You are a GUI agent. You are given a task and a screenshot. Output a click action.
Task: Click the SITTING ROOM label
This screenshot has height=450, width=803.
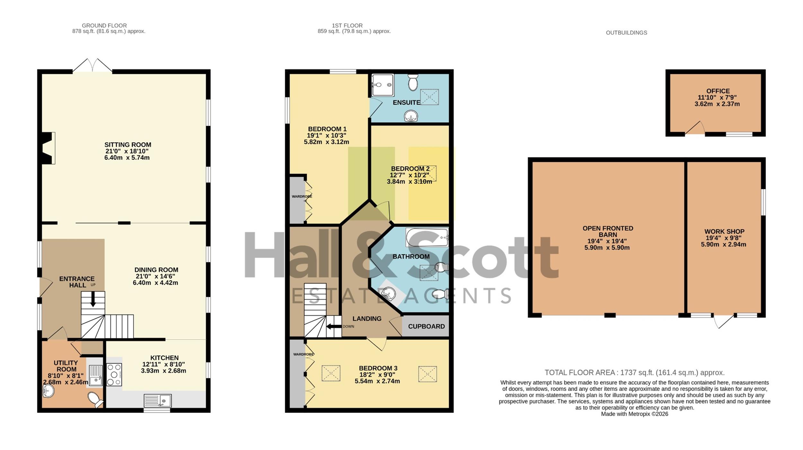coord(128,145)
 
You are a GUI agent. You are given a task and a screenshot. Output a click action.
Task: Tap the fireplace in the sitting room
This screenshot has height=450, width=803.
coord(49,148)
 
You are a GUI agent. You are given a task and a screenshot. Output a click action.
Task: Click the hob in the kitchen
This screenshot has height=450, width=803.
coord(114,374)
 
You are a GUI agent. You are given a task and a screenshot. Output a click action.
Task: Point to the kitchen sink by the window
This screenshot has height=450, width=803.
coord(157,401)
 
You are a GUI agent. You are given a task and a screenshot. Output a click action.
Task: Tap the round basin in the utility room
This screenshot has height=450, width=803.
coord(48,391)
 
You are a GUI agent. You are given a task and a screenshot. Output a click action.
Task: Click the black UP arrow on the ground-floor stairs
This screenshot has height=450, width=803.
coord(93,299)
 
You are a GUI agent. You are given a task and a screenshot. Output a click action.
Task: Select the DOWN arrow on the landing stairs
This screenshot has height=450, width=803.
coord(334,327)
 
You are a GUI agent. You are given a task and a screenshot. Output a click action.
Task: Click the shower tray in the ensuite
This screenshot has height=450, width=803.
coord(383,85)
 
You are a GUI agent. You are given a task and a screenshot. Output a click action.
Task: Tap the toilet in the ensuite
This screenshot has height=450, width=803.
coord(413,82)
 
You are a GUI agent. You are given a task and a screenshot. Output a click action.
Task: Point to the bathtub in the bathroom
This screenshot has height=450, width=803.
coord(427,238)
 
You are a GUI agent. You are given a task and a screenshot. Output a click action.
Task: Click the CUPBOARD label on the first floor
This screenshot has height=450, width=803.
coord(426,326)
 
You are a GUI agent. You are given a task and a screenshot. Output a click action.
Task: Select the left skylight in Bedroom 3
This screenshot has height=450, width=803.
coord(331,373)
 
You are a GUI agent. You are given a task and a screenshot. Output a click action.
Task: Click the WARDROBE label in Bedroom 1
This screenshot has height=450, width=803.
coord(302,196)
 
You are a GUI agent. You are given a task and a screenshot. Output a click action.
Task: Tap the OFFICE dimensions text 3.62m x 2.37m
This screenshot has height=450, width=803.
coord(717,104)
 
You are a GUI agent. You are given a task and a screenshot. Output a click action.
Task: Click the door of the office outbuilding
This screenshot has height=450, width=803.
coord(695,128)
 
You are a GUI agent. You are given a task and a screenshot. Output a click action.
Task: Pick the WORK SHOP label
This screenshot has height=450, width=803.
coord(724,231)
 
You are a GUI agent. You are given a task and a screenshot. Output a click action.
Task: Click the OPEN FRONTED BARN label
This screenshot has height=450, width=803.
coord(608,231)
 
